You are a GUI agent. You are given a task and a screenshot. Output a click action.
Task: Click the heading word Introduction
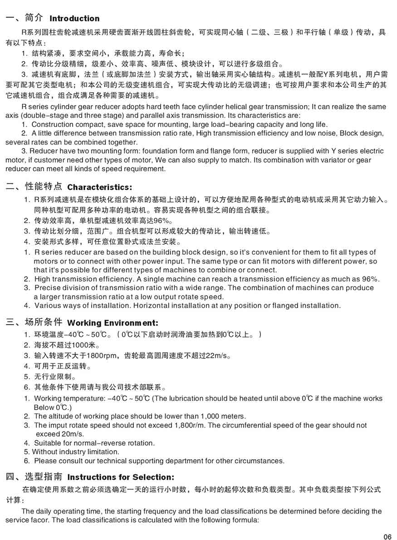point(74,19)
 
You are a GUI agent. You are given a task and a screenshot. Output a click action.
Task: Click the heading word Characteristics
point(99,187)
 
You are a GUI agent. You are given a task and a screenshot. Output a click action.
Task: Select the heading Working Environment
point(113,323)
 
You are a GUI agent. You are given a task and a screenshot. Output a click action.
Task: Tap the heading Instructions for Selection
point(121,477)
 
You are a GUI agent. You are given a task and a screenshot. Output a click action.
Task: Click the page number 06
point(387,537)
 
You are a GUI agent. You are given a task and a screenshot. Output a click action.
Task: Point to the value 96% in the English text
point(370,279)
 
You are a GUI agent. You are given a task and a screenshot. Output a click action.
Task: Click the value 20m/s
point(50,434)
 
